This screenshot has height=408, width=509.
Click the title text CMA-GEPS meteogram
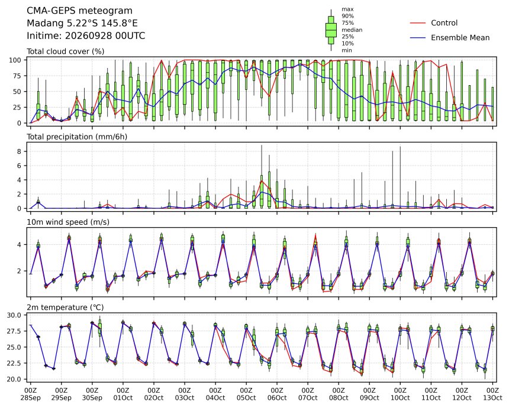pyautogui.click(x=79, y=11)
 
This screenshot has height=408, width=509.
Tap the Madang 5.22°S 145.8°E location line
pyautogui.click(x=82, y=23)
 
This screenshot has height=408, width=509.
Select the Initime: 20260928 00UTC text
pyautogui.click(x=86, y=35)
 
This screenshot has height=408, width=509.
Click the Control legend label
pyautogui.click(x=444, y=23)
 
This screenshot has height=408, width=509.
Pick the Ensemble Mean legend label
pyautogui.click(x=460, y=38)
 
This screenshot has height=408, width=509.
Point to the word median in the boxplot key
pyautogui.click(x=352, y=30)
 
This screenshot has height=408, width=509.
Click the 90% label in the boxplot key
pyautogui.click(x=347, y=16)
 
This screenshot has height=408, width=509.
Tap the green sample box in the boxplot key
pyautogui.click(x=331, y=30)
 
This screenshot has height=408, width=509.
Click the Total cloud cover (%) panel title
pyautogui.click(x=65, y=51)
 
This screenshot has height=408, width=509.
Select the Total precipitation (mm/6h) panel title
pyautogui.click(x=77, y=137)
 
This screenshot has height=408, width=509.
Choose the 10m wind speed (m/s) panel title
pyautogui.click(x=68, y=222)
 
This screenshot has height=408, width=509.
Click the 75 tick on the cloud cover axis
pyautogui.click(x=17, y=76)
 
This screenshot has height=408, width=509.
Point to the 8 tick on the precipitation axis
pyautogui.click(x=20, y=151)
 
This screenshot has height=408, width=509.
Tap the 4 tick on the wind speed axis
pyautogui.click(x=20, y=245)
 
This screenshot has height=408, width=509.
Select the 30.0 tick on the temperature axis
pyautogui.click(x=14, y=315)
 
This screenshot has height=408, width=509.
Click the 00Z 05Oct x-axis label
pyautogui.click(x=246, y=394)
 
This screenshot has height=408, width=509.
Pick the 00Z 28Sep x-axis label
pyautogui.click(x=31, y=394)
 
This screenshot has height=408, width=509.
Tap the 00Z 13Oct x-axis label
pyautogui.click(x=492, y=394)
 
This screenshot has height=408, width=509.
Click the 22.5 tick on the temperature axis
pyautogui.click(x=14, y=363)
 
